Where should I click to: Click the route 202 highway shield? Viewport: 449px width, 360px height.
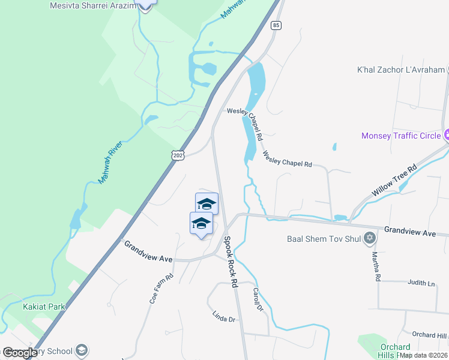click(x=177, y=155)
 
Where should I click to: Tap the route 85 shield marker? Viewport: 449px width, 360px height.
click(x=276, y=25)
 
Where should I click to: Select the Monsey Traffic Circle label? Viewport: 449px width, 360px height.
click(x=400, y=136)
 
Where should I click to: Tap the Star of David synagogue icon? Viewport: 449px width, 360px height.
click(x=370, y=238)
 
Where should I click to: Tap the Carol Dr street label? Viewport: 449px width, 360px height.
click(x=258, y=299)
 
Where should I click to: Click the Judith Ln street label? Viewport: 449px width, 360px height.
click(x=420, y=283)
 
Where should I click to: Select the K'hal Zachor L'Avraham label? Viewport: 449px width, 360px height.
click(x=408, y=70)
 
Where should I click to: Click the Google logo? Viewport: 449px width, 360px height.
click(x=20, y=353)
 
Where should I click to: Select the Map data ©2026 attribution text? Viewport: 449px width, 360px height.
click(x=423, y=355)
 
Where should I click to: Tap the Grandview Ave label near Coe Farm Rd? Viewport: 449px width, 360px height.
click(x=148, y=251)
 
